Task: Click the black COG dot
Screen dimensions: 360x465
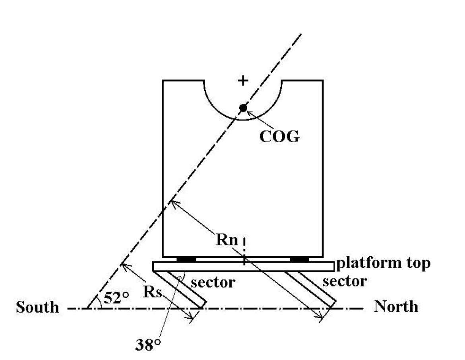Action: (243, 108)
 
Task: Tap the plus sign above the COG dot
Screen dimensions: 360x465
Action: (242, 81)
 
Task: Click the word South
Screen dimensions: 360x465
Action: (37, 307)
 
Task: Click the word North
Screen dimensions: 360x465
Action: (395, 307)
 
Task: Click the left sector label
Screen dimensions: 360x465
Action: (213, 283)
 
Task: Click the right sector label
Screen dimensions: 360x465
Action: (344, 281)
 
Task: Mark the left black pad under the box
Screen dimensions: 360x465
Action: (186, 259)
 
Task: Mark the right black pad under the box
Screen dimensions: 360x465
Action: (299, 259)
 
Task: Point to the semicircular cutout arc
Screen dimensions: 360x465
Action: (223, 112)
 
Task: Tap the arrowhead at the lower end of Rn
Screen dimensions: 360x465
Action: (321, 317)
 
